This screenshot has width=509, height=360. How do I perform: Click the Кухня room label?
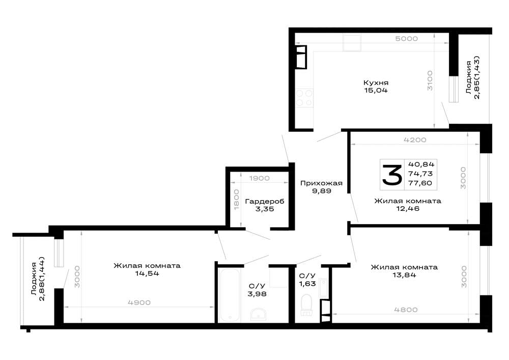(376, 83)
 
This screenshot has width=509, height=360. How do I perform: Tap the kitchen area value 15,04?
(376, 90)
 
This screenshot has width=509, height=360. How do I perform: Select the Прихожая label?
(321, 183)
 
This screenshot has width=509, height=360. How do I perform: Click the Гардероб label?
(265, 201)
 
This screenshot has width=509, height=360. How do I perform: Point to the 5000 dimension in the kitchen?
(406, 39)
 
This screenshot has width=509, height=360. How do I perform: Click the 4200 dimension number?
(415, 140)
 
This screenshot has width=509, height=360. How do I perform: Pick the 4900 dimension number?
(139, 302)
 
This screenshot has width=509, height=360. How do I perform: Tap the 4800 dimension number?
(406, 310)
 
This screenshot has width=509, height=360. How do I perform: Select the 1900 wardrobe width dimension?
(260, 178)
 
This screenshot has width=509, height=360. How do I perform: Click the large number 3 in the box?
(392, 175)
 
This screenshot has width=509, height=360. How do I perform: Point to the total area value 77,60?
(420, 183)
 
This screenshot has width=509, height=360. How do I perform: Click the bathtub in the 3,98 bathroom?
(229, 295)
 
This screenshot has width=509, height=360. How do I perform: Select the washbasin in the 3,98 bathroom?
(259, 314)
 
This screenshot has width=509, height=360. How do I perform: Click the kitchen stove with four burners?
(304, 98)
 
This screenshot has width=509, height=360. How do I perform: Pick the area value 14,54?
(147, 273)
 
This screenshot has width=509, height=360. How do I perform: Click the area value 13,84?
(404, 275)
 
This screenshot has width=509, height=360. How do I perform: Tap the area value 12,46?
(408, 208)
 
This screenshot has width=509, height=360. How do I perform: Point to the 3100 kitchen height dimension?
(430, 80)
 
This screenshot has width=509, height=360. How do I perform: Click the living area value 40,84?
(421, 164)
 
